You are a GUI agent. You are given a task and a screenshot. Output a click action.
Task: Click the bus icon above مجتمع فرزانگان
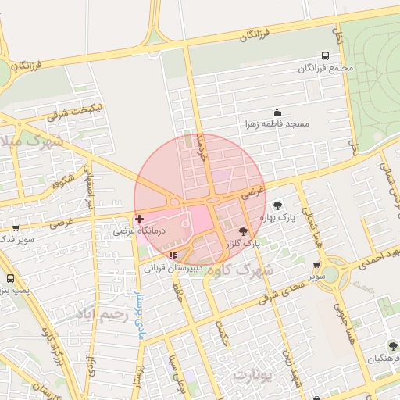(325, 56)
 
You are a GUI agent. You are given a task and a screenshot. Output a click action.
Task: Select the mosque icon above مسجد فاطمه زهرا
(276, 112)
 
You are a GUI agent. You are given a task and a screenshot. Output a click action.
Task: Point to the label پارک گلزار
(243, 244)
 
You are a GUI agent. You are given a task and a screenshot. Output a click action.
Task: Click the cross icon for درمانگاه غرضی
(139, 220)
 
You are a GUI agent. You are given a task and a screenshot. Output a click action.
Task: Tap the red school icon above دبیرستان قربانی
(173, 255)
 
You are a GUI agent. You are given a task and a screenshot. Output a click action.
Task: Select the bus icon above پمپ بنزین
(10, 278)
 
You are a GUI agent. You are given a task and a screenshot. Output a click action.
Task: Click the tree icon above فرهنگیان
(392, 346)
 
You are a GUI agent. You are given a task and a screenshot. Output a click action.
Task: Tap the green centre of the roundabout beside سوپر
(330, 274)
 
